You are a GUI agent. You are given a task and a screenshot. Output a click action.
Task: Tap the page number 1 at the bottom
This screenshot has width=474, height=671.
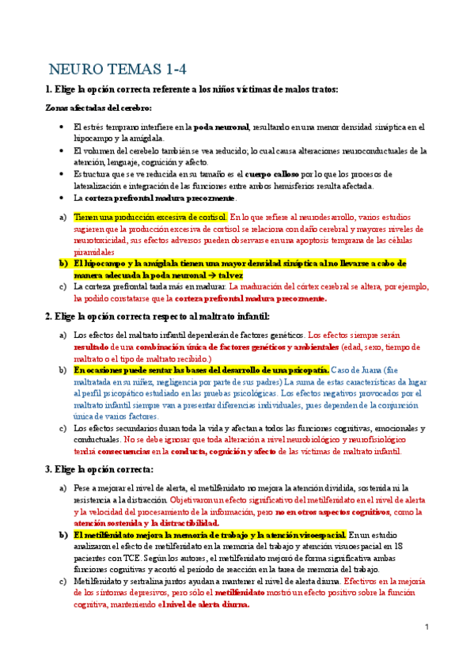427,627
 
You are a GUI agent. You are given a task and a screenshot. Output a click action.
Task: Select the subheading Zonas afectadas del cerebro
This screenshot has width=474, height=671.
88,108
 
